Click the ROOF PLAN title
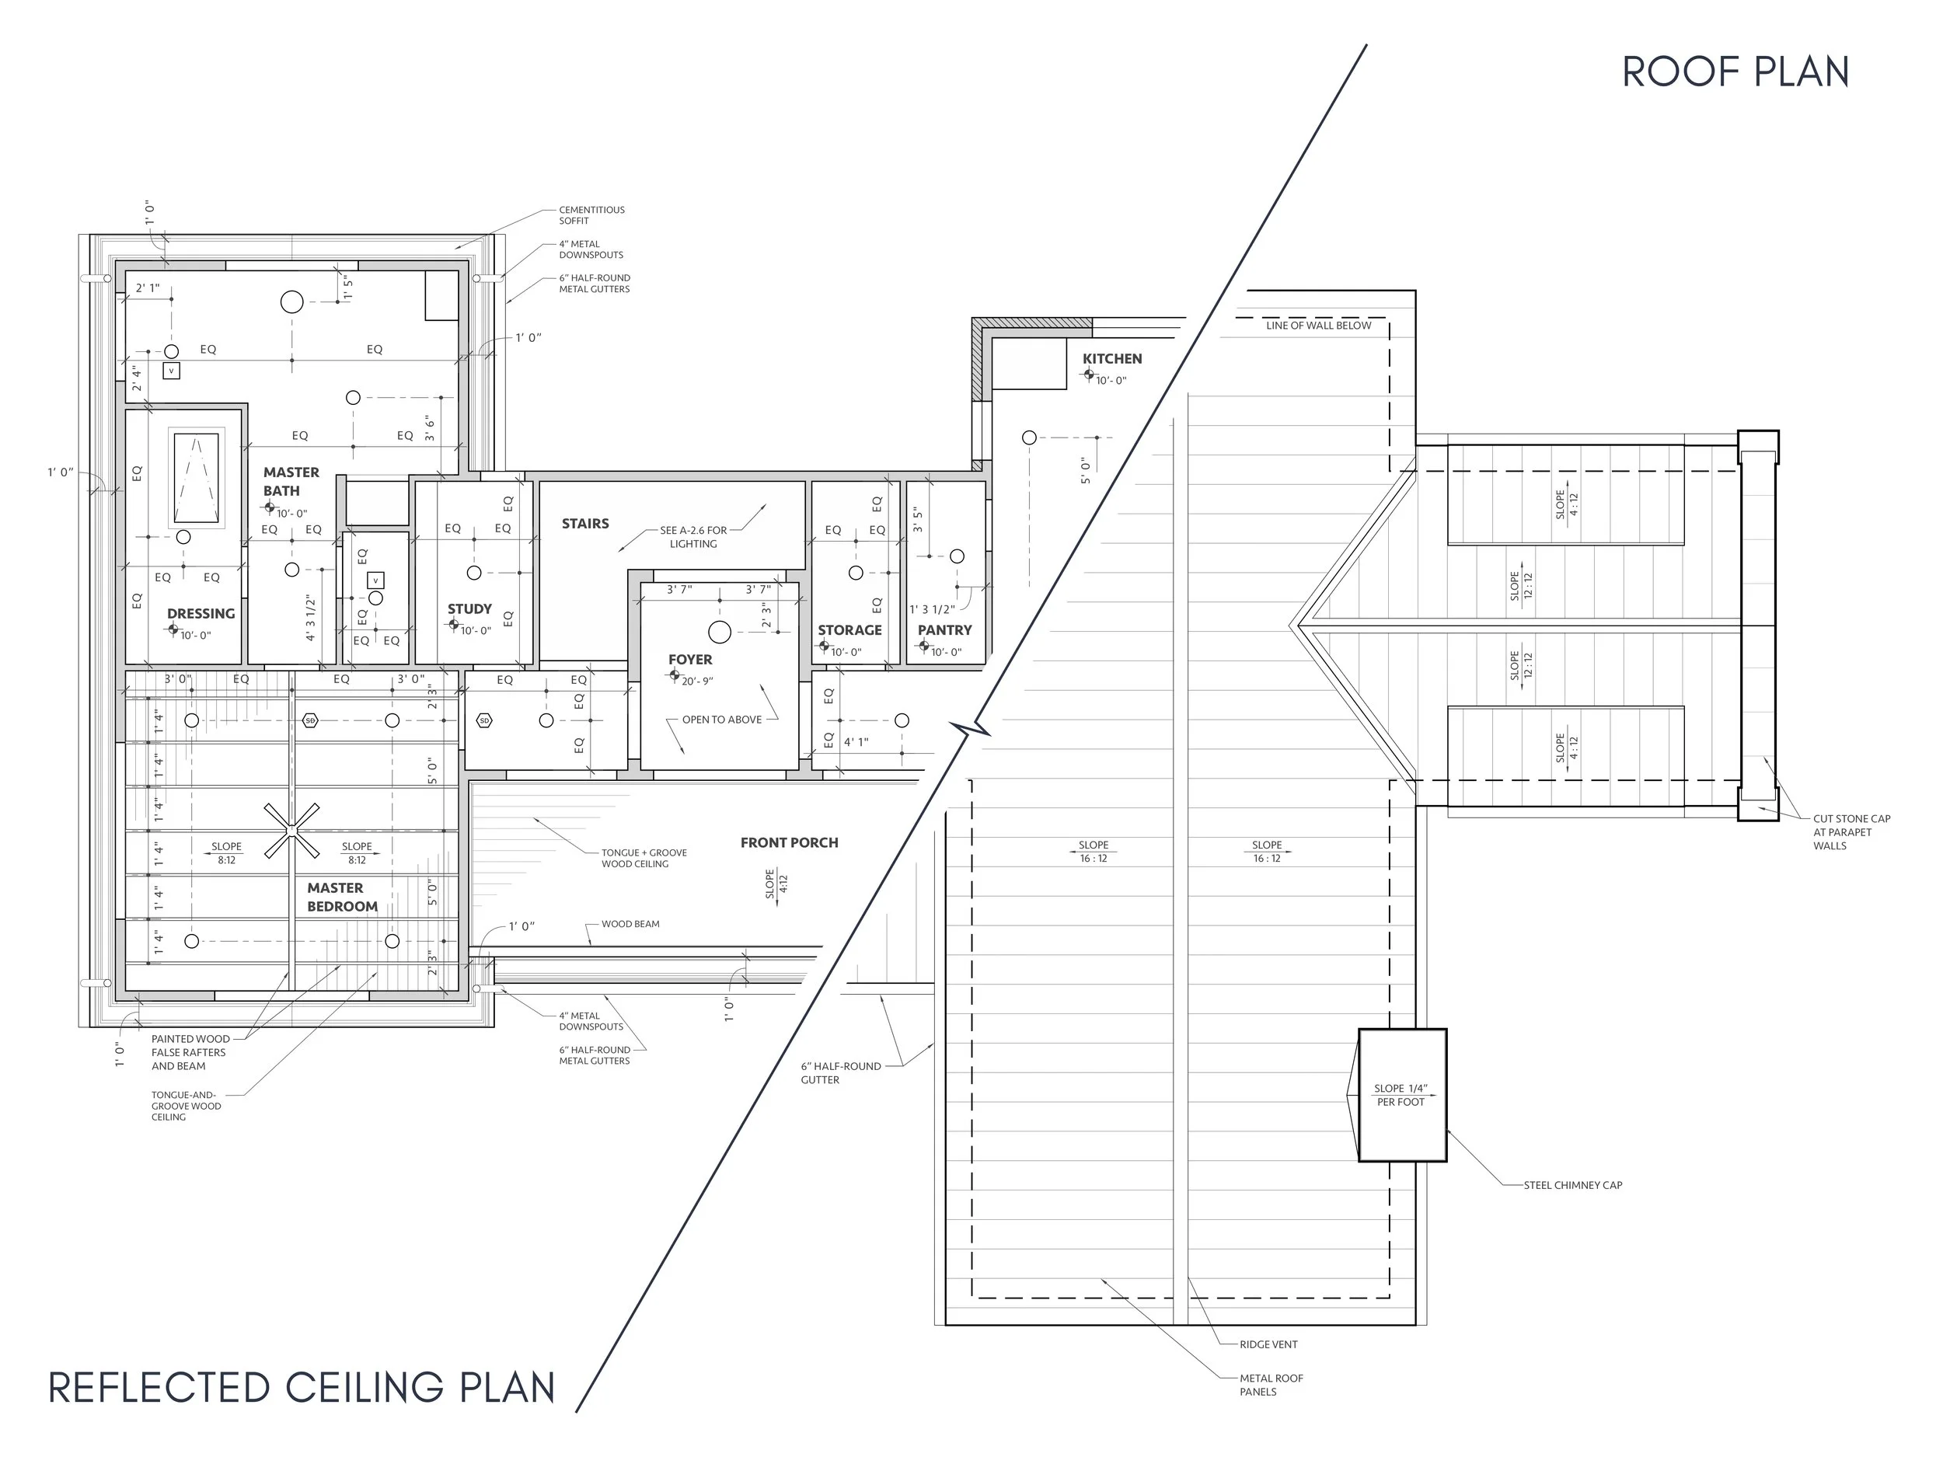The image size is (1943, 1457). point(1735,72)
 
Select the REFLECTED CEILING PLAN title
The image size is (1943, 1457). point(302,1388)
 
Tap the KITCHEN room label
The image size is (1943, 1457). point(1112,358)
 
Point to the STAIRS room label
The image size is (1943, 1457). point(585,524)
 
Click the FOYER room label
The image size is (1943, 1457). point(690,660)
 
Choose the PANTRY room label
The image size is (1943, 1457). point(944,629)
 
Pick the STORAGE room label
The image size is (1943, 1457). point(849,629)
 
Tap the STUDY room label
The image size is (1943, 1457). point(469,608)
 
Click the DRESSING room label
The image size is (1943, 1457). point(201,614)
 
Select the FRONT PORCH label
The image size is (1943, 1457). point(789,842)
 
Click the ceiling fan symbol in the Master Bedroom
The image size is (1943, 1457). point(291,830)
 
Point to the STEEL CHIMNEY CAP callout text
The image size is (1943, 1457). point(1572,1185)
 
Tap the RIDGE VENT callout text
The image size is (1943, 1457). point(1268,1344)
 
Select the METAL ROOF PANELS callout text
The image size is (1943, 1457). point(1271,1385)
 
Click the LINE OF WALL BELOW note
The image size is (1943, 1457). point(1318,326)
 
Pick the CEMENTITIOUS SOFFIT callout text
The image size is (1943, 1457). point(592,215)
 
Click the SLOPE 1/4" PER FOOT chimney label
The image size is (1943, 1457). point(1401,1095)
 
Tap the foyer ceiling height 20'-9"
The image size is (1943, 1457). point(697,681)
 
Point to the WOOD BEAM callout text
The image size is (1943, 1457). point(630,924)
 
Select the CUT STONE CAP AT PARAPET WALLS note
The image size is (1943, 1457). point(1851,832)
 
